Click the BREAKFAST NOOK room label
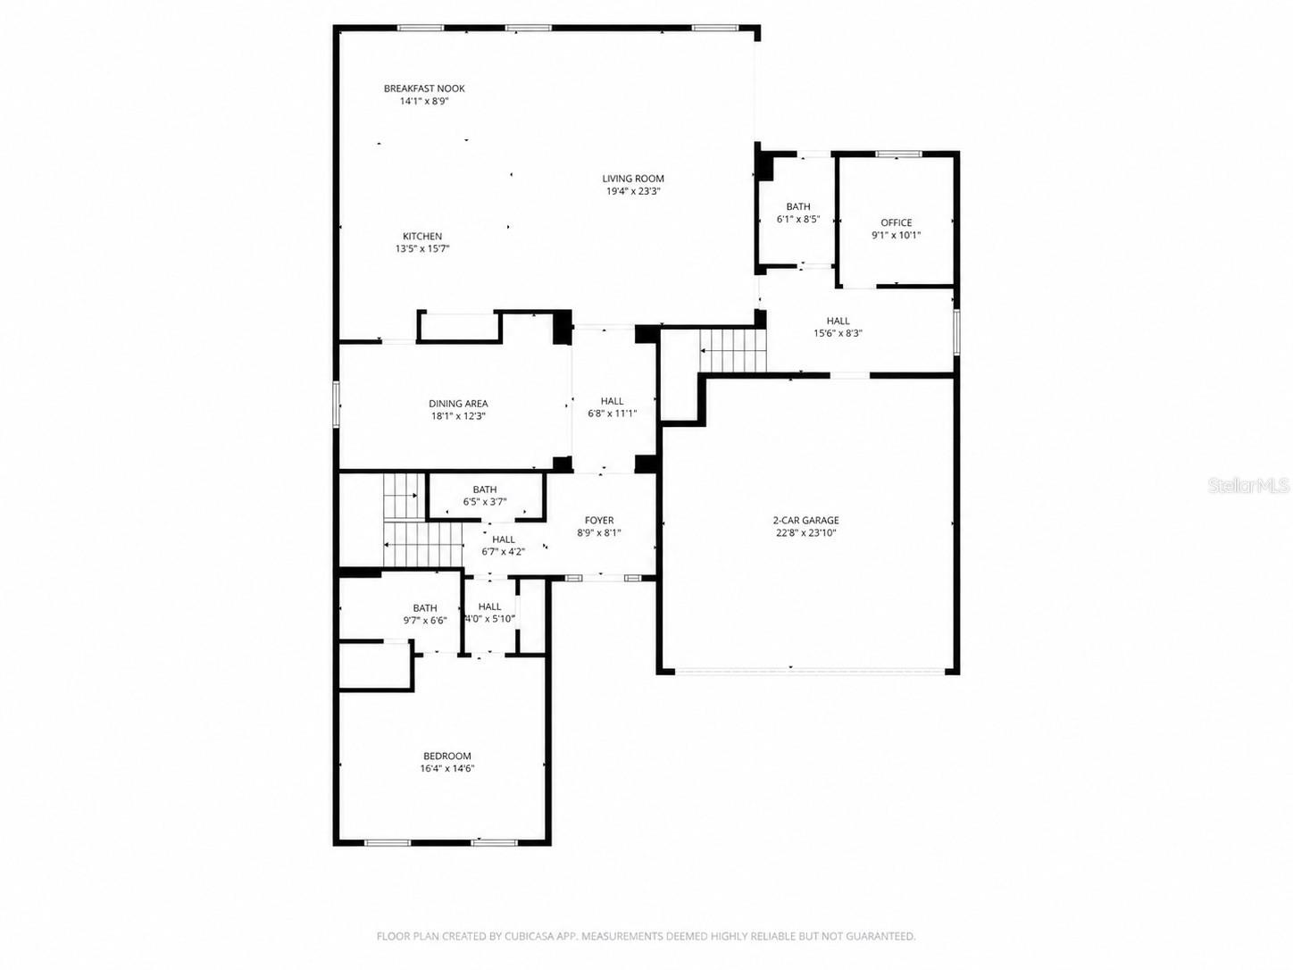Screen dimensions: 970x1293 coord(424,88)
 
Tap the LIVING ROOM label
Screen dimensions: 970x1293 coord(633,179)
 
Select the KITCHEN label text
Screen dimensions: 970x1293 coord(422,237)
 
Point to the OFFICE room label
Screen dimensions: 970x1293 coord(897,223)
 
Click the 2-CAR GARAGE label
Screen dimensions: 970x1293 coord(806,521)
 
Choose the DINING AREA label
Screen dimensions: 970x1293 coord(458,404)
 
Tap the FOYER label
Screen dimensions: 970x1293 coord(599,521)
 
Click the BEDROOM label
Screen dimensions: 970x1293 coord(447,757)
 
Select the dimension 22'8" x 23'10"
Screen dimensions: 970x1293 coord(806,533)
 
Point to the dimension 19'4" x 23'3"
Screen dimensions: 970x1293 coord(633,191)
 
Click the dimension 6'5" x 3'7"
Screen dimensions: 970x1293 coord(485,502)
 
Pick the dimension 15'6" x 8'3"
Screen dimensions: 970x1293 coord(838,334)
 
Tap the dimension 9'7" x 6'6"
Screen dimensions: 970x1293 coord(425,621)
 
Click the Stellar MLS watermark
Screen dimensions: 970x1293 coord(1248,486)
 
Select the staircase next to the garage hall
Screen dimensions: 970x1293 coord(732,350)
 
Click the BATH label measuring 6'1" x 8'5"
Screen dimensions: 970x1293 coord(798,207)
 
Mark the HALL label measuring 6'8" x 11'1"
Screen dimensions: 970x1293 coord(613,401)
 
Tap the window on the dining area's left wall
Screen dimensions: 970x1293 coord(337,404)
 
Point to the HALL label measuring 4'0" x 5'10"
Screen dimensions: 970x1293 coord(489,607)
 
